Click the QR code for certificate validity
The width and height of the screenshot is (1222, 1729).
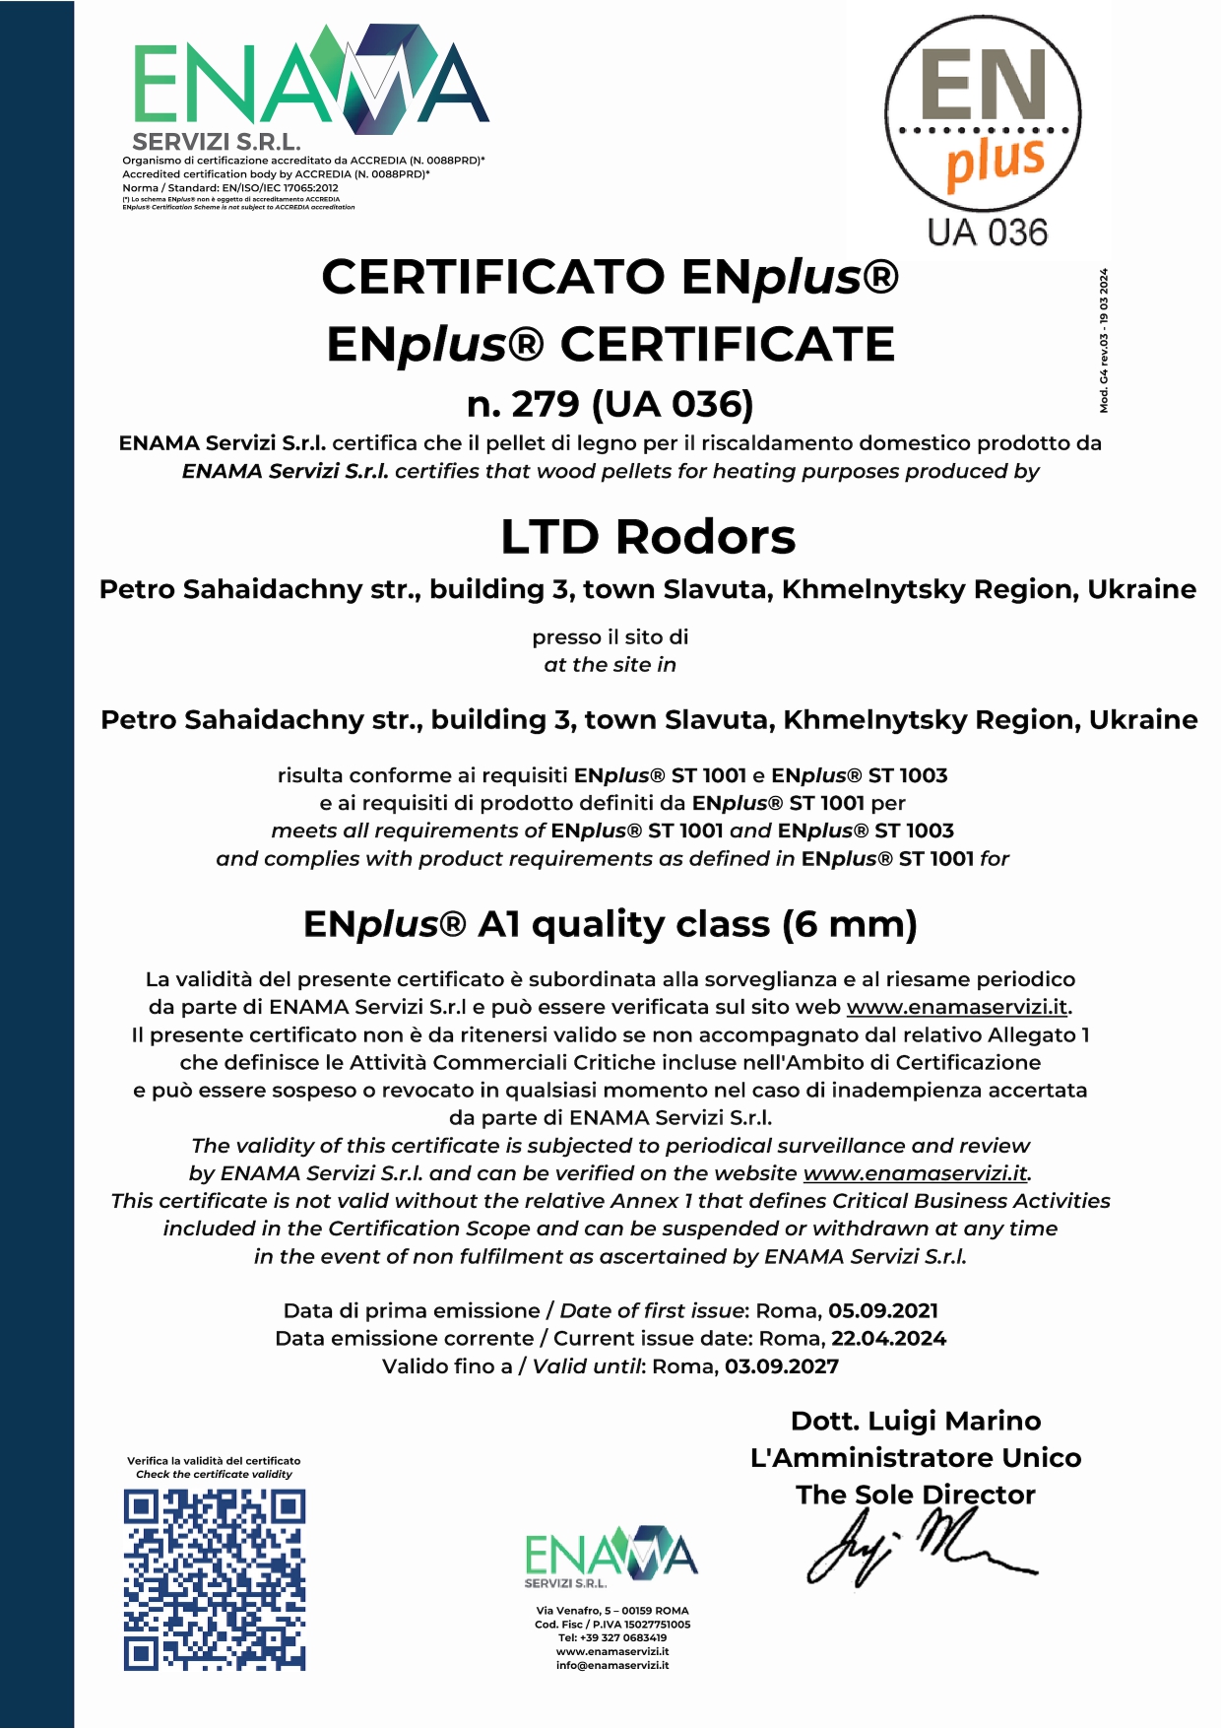215,1579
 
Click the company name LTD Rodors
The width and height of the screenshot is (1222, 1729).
648,537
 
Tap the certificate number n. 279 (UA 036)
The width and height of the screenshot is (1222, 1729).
611,404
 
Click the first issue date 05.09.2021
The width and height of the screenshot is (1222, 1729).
883,1311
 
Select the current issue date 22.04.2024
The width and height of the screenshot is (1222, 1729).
888,1339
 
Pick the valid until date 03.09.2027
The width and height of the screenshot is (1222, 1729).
782,1366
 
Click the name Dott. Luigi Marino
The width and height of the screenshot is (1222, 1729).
916,1421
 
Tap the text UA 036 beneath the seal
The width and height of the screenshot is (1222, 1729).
987,233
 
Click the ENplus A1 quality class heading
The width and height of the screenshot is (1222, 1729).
611,924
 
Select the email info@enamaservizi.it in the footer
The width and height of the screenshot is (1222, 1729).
612,1666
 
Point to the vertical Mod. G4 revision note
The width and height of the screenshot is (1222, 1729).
1104,341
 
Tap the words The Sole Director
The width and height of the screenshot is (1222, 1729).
916,1495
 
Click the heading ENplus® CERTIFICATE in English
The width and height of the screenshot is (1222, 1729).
611,345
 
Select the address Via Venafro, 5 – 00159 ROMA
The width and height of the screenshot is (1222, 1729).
612,1611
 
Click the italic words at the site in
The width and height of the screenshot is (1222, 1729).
611,665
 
